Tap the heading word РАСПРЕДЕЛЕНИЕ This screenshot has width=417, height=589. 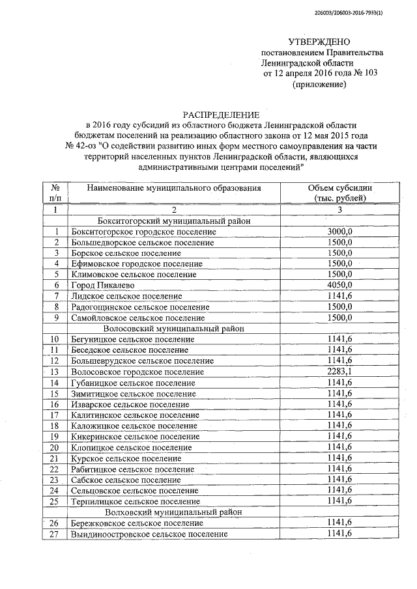tap(216, 115)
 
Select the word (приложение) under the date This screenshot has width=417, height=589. tap(319, 84)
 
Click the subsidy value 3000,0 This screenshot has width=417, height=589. tap(339, 232)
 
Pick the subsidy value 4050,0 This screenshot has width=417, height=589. tap(339, 285)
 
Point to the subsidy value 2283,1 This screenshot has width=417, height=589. tap(339, 371)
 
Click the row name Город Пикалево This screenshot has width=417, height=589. tap(100, 285)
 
